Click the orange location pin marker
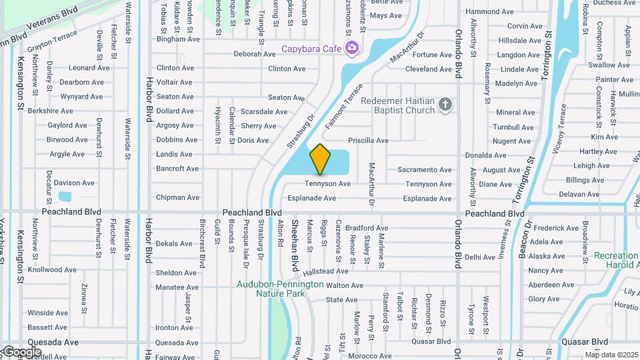(x=320, y=159)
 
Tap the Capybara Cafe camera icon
(x=351, y=48)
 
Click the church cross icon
(x=446, y=105)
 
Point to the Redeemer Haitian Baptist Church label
(x=399, y=105)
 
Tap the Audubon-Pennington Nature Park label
(x=280, y=289)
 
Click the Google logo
(x=21, y=352)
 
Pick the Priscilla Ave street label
(x=368, y=141)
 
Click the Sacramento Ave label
(x=425, y=170)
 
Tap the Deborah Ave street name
(x=255, y=54)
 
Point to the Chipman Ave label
(x=177, y=197)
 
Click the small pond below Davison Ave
(x=65, y=197)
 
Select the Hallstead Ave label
(x=325, y=271)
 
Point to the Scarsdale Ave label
(x=264, y=111)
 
